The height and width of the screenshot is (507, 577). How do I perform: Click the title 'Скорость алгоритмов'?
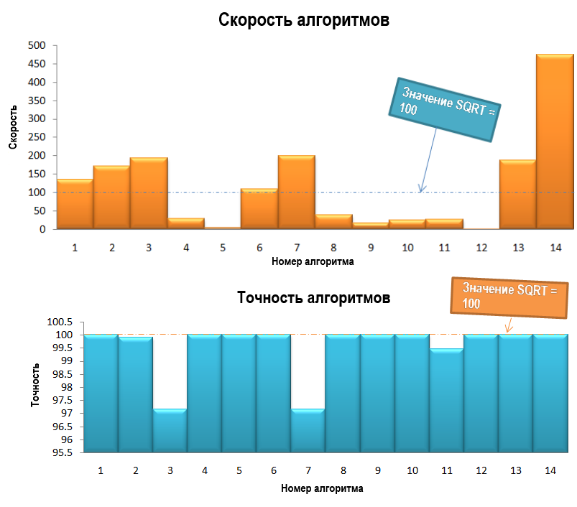tap(304, 20)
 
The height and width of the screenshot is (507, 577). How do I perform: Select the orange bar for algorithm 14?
tap(555, 144)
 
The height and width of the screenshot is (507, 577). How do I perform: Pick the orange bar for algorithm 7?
tap(296, 192)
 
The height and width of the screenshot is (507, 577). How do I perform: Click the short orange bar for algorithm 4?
tap(185, 223)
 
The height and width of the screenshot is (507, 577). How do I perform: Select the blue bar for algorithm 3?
tap(170, 431)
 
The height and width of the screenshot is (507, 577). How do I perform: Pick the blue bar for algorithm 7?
tap(308, 431)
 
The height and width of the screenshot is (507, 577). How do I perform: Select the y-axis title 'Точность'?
tap(35, 386)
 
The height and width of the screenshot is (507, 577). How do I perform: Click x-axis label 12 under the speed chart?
tap(481, 248)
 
